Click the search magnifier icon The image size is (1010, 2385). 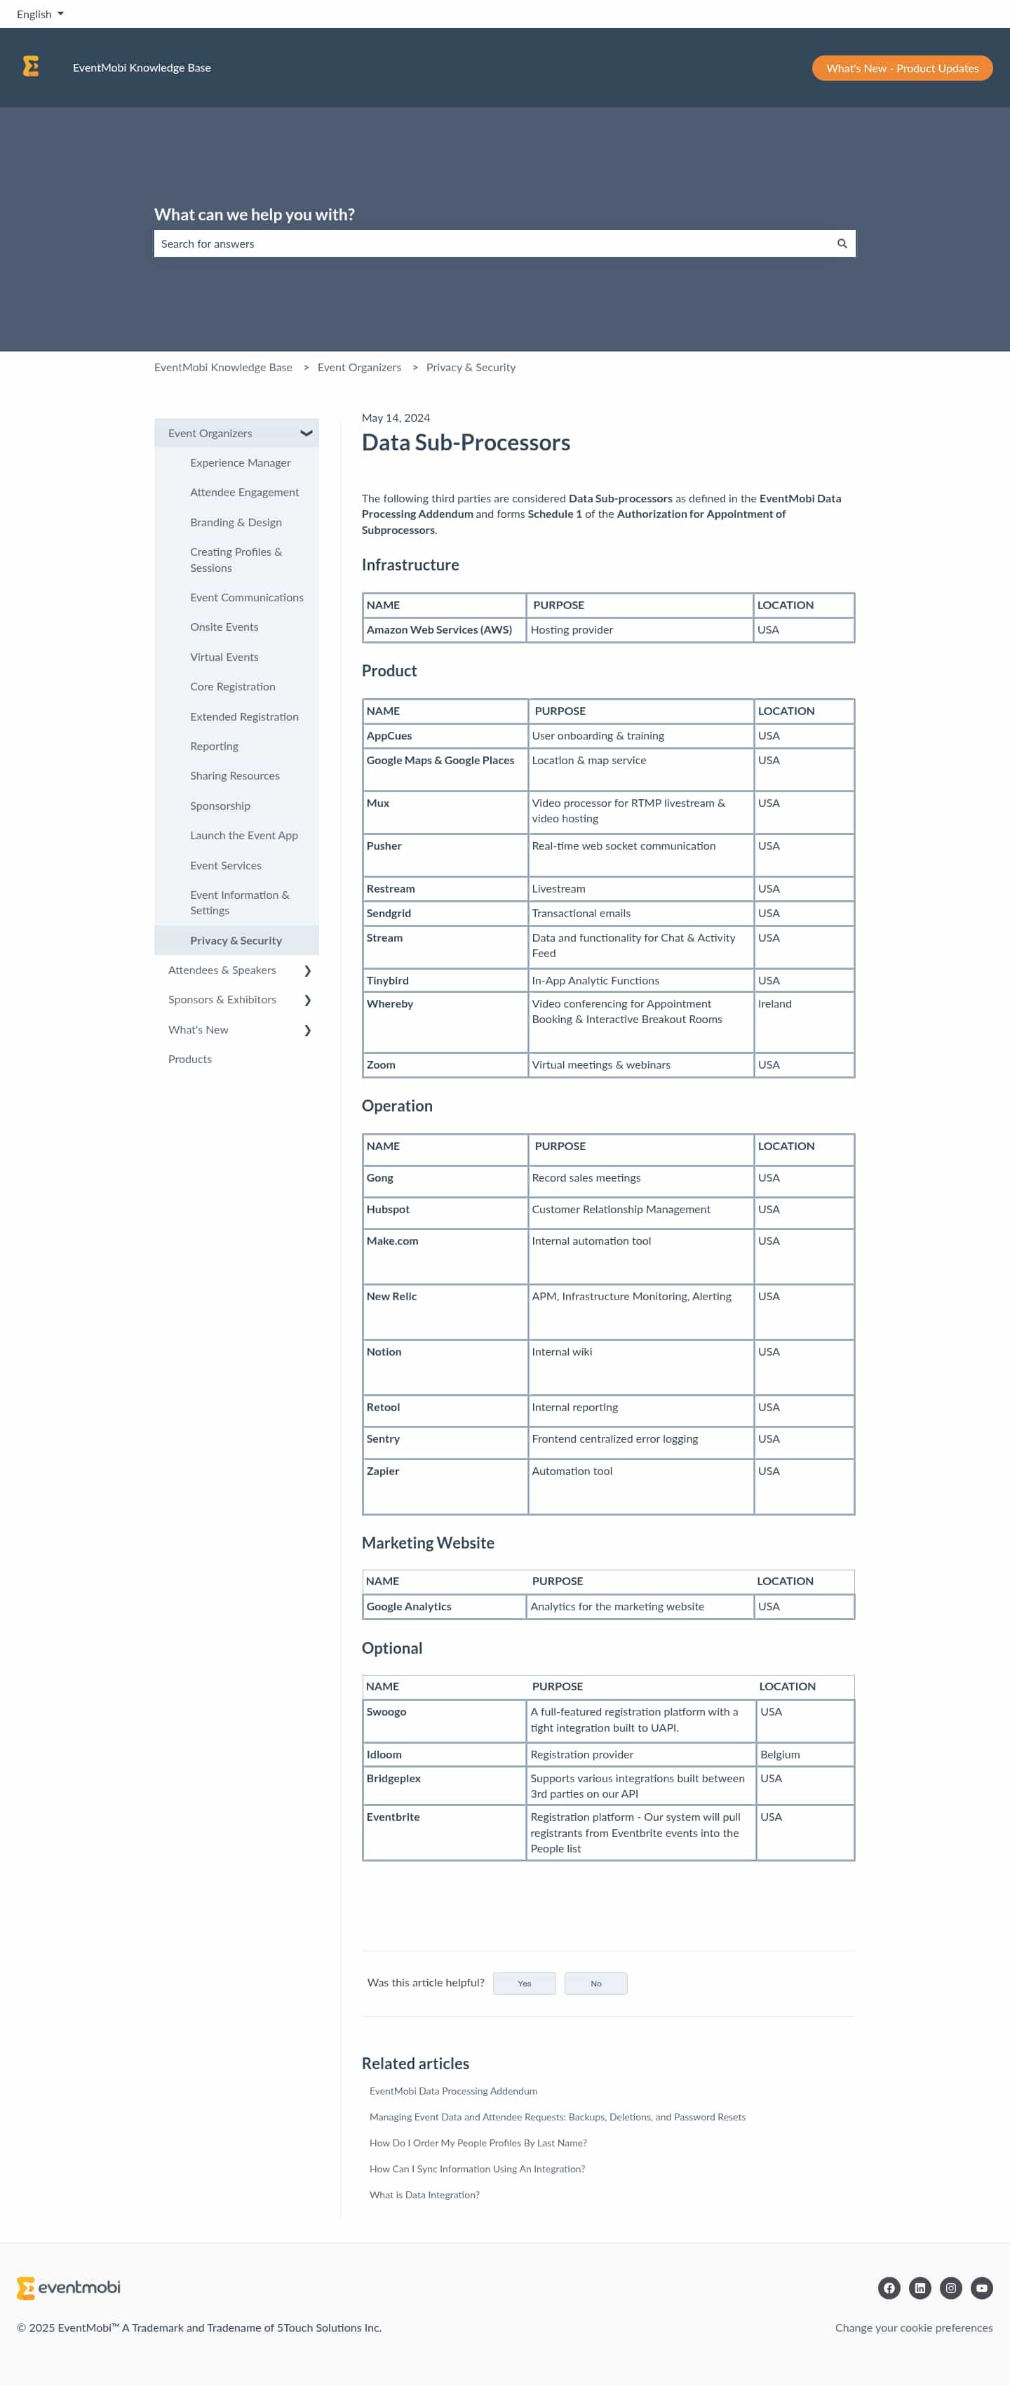(x=842, y=243)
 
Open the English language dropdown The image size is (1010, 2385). (x=40, y=14)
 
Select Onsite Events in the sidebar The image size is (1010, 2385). (x=224, y=627)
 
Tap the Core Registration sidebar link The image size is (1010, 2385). (x=232, y=686)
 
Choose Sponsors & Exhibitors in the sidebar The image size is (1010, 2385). (x=222, y=999)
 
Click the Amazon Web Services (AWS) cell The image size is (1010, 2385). (x=439, y=629)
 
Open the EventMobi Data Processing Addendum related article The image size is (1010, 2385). (x=452, y=2090)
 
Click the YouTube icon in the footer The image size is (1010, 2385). (x=981, y=2287)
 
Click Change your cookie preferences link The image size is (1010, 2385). (x=913, y=2327)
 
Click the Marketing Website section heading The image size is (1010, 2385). (x=428, y=1542)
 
